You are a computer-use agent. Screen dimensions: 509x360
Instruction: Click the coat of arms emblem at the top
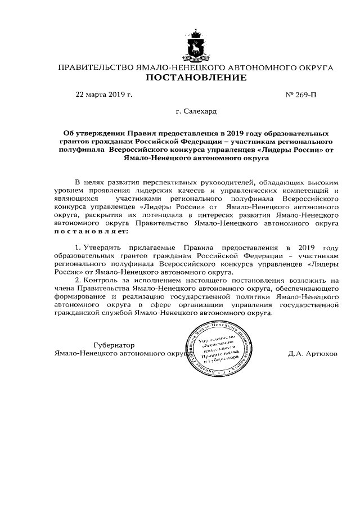click(196, 48)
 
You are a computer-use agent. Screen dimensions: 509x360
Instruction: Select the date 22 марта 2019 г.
click(104, 94)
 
